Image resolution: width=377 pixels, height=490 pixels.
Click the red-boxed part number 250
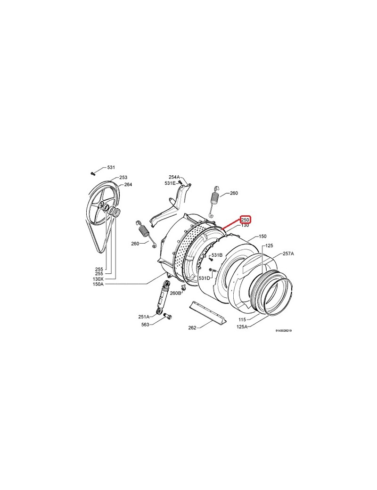point(245,220)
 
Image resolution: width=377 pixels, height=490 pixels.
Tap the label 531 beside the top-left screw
point(111,168)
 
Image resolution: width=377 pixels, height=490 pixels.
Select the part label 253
point(123,178)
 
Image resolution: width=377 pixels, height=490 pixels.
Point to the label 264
point(128,184)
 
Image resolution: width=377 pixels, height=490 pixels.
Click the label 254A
point(174,177)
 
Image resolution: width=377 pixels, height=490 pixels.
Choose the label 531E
point(170,183)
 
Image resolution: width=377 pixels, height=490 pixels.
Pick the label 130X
point(98,279)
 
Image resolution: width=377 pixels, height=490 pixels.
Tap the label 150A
point(98,284)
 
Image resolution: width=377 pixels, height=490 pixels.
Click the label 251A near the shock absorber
point(144,317)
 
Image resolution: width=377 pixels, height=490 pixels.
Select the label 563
point(145,324)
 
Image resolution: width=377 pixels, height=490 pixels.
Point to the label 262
point(192,327)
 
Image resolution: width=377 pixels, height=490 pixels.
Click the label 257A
point(288,254)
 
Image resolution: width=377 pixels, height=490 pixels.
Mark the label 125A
point(242,327)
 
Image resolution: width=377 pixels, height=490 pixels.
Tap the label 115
point(242,320)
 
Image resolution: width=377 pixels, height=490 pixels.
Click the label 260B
point(175,293)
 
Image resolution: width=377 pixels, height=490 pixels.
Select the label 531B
point(217,255)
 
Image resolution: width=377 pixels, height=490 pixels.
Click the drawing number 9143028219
point(284,330)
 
